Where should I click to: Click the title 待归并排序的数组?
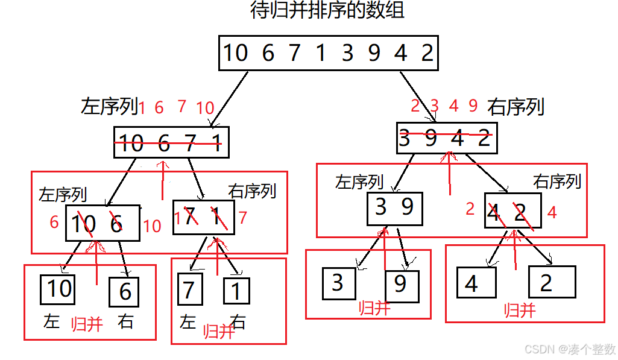tap(327, 11)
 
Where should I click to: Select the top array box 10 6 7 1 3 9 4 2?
tap(328, 53)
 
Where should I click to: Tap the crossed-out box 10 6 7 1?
tap(171, 142)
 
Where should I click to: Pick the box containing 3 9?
tap(394, 208)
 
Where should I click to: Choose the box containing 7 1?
tap(203, 217)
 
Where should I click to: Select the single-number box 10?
tap(59, 289)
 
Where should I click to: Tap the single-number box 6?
tap(124, 292)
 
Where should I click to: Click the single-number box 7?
tap(189, 290)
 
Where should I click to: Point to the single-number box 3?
tap(338, 283)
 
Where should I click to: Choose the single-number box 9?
tap(402, 285)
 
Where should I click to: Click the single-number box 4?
tap(476, 282)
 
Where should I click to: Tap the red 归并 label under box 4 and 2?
tap(520, 311)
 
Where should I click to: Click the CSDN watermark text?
tap(570, 349)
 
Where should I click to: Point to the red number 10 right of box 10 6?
tap(152, 226)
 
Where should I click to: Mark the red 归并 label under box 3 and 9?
tap(374, 308)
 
